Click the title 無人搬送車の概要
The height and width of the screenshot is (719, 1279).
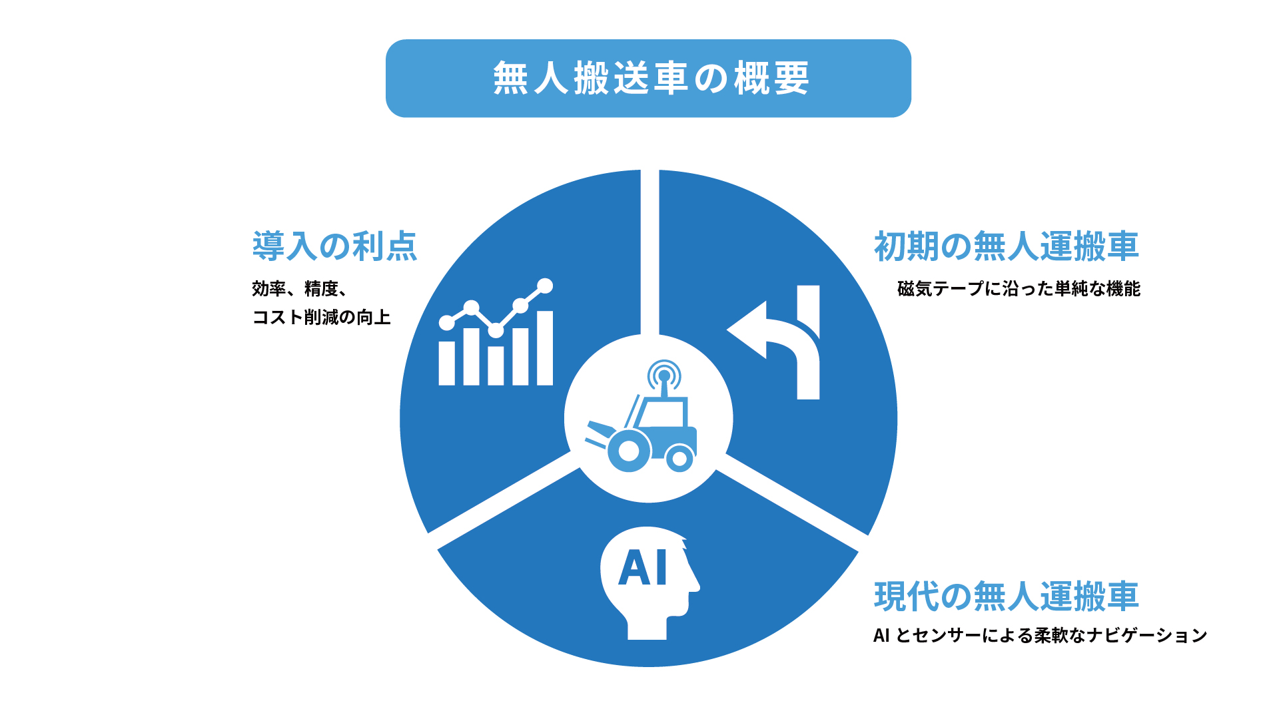[x=651, y=79]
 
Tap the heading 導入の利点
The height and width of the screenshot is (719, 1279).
[x=334, y=246]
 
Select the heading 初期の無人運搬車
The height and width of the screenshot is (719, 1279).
[x=1006, y=246]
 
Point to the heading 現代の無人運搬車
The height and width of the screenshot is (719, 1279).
[x=1006, y=596]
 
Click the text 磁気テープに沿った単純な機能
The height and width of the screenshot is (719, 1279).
[x=1019, y=289]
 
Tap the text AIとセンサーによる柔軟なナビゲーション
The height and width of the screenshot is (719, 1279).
[x=1040, y=636]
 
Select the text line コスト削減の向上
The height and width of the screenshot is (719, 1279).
[x=321, y=317]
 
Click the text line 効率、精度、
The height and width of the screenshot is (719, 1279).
[x=299, y=289]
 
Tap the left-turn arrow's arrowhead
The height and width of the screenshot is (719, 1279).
[x=747, y=330]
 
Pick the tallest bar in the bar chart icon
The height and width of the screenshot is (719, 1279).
[x=545, y=348]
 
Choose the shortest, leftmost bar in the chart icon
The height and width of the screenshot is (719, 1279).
[x=446, y=363]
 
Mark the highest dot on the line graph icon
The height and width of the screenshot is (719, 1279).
[x=545, y=286]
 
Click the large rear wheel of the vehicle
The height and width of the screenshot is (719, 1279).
[x=629, y=451]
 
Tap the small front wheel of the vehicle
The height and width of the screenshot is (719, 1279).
[x=679, y=458]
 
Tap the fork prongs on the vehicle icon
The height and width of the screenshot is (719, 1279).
[x=600, y=435]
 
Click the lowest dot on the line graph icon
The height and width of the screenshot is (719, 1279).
[x=496, y=330]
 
